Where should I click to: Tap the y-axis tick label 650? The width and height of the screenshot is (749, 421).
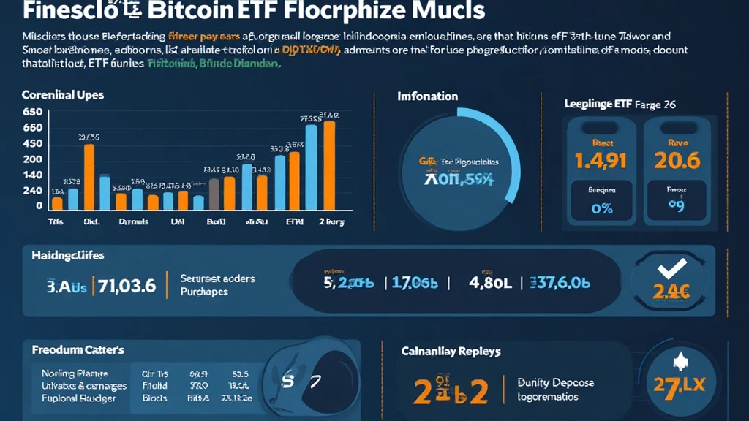coord(32,113)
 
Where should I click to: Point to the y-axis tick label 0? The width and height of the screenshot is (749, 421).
coord(39,206)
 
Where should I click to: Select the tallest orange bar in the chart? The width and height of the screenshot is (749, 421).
coord(329,165)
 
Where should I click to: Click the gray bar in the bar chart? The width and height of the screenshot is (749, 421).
coord(214,194)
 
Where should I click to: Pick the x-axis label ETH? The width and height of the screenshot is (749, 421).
coord(294,221)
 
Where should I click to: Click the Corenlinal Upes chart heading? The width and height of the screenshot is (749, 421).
coord(63,96)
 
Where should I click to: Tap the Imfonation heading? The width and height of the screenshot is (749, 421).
coord(428,96)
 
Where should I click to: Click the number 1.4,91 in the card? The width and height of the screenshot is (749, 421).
coord(601,161)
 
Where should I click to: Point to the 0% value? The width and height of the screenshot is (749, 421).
coord(601,208)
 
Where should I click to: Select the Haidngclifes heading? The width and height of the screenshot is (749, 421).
coord(68,256)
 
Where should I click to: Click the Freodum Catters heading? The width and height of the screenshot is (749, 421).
coord(78,350)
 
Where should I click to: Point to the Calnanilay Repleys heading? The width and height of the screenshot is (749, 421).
coord(451,352)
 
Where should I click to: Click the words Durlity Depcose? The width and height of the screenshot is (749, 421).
coord(556,382)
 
